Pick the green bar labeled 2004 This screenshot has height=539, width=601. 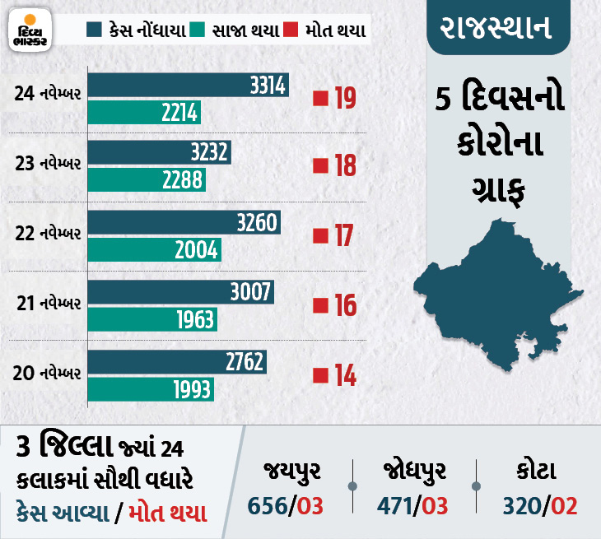154,249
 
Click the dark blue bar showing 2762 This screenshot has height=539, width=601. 176,362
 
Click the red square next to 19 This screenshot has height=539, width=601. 320,100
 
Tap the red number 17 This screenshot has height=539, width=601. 344,237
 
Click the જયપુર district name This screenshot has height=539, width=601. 292,472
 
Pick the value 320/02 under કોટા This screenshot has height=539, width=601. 538,504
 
